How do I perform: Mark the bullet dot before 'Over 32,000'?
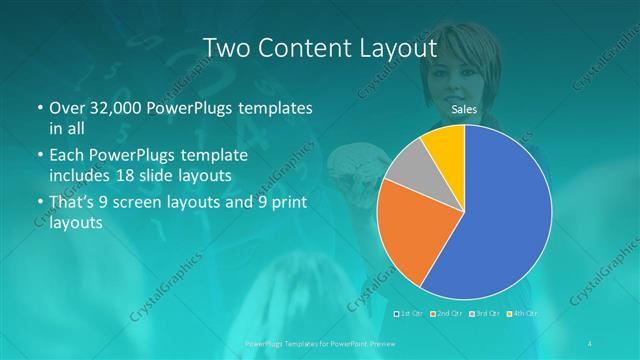coord(40,108)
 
